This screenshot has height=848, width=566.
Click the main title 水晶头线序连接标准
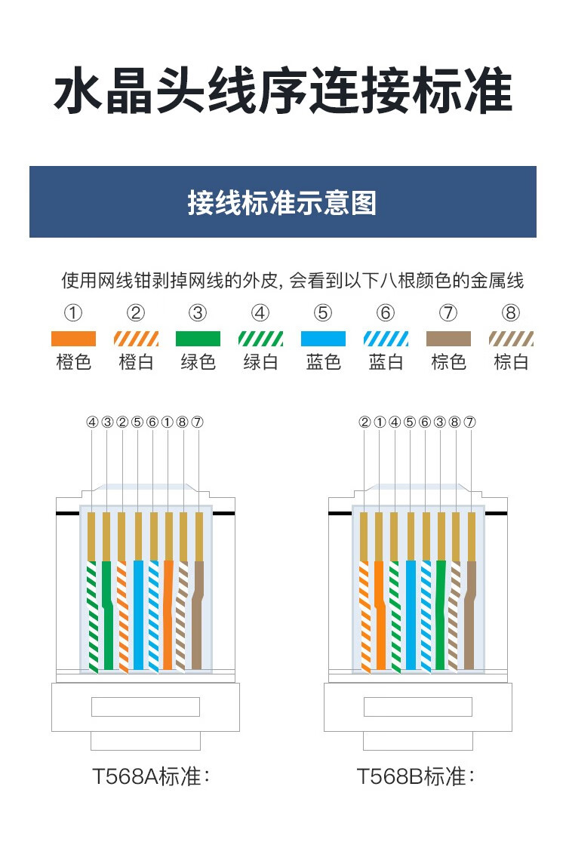pos(283,91)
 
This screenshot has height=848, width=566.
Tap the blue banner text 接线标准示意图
pos(282,203)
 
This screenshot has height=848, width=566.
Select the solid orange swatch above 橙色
pos(74,339)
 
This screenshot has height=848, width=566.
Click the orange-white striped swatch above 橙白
pos(136,339)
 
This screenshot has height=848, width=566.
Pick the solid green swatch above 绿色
pos(198,339)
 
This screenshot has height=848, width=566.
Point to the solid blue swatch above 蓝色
pos(323,339)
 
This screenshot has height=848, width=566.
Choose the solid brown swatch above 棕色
pos(448,339)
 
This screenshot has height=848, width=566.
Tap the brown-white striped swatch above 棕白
pos(511,339)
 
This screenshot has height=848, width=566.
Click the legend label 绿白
pos(261,362)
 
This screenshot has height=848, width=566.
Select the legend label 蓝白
pos(386,362)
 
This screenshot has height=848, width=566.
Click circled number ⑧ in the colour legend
pos(511,312)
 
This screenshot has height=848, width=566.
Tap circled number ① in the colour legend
pos(74,312)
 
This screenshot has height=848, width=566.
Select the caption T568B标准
pos(416,776)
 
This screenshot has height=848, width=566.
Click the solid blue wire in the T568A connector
pos(139,616)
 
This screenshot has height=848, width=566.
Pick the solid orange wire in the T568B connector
pos(380,616)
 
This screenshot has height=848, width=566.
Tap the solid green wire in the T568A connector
pos(107,616)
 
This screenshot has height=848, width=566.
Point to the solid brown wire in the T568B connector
pos(469,616)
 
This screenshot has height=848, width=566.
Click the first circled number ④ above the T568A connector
pos(93,422)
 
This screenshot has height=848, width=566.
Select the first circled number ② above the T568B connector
pos(365,422)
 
